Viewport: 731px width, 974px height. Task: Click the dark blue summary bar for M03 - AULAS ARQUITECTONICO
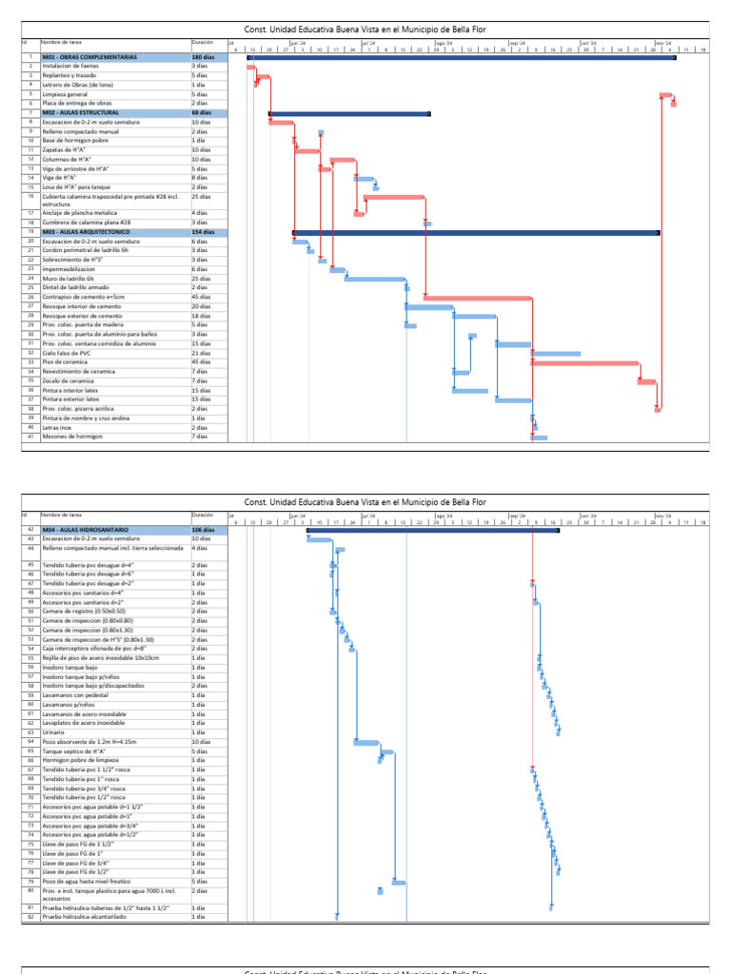click(x=476, y=232)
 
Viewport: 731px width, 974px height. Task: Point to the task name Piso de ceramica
click(x=67, y=362)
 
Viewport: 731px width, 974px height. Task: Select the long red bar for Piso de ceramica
click(x=584, y=362)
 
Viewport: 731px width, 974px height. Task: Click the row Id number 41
click(x=30, y=437)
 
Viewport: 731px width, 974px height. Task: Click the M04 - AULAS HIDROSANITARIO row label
click(x=91, y=530)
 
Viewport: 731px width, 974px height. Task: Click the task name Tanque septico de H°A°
click(x=76, y=751)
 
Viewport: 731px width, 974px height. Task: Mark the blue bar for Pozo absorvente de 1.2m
click(x=366, y=742)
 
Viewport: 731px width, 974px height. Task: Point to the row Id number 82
click(x=30, y=917)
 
